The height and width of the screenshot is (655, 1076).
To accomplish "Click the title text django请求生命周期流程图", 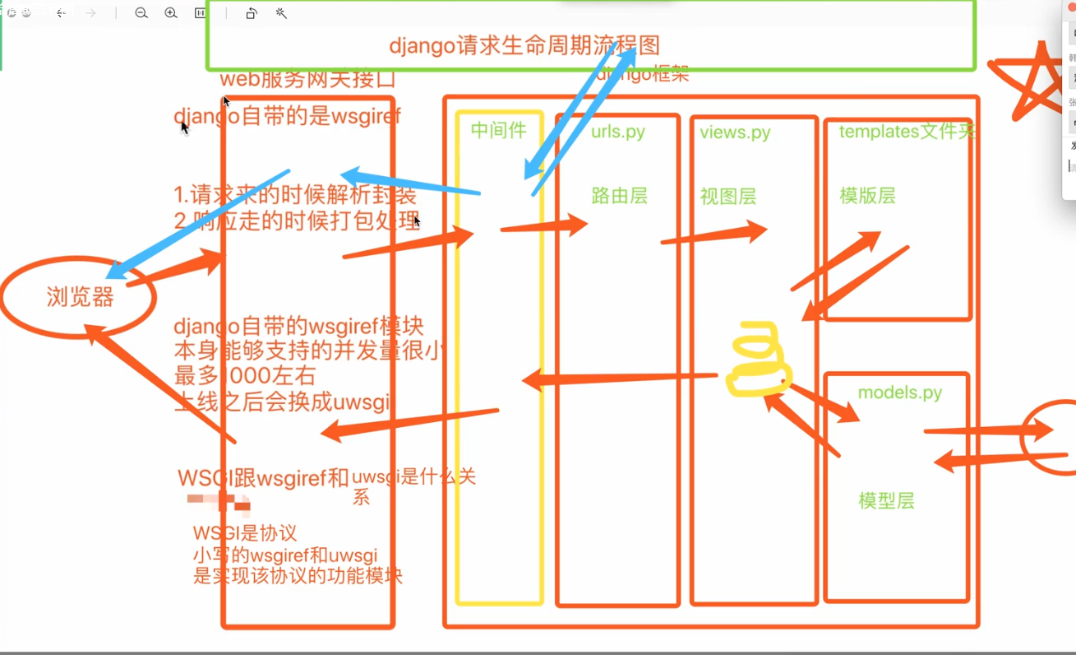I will point(524,45).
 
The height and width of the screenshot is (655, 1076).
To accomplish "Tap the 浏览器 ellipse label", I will point(80,297).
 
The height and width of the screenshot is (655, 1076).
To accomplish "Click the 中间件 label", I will point(498,130).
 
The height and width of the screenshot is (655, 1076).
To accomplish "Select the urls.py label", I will point(618,132).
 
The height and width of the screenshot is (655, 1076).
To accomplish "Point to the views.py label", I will point(735,132).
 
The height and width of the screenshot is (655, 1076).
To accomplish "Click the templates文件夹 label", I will point(907,131).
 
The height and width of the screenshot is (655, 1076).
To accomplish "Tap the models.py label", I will point(899,393).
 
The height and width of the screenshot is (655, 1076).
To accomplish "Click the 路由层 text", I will point(619,196).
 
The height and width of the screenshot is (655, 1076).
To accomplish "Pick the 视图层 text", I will point(727,197).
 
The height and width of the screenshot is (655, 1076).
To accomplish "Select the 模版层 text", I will point(867,196).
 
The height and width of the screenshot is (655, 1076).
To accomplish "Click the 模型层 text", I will point(886,500).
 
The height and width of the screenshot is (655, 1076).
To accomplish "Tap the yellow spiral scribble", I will point(758,360).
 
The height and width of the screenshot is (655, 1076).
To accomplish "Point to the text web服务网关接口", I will point(307,80).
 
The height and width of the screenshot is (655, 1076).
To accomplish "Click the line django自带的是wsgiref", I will point(288,116).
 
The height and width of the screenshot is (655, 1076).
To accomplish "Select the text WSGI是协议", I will point(245,533).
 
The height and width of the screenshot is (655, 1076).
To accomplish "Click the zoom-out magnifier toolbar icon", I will point(141,13).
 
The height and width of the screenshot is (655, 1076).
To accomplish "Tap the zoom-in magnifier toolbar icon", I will point(171,13).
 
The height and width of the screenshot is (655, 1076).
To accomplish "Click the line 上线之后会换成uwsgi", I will point(282,402).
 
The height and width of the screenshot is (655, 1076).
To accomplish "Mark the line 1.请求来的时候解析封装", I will point(295,195).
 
